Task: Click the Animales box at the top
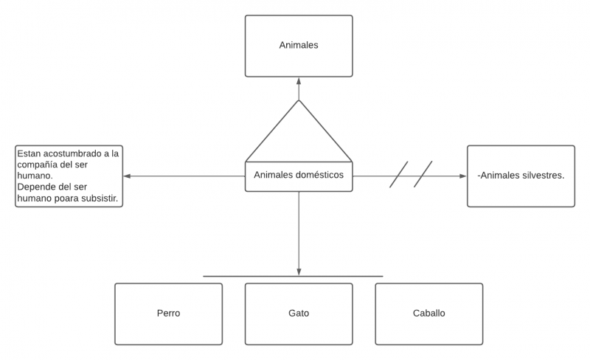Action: pyautogui.click(x=299, y=46)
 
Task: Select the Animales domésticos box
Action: pyautogui.click(x=299, y=176)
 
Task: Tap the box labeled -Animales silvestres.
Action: pyautogui.click(x=521, y=176)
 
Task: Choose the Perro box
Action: pyautogui.click(x=168, y=314)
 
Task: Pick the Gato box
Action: pyautogui.click(x=299, y=314)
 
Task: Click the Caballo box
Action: pyautogui.click(x=428, y=314)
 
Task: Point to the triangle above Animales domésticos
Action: pyautogui.click(x=299, y=136)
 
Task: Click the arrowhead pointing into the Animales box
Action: pyautogui.click(x=299, y=81)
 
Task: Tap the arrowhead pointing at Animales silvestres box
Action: pyautogui.click(x=463, y=176)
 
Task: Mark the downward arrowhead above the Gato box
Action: pyautogui.click(x=299, y=271)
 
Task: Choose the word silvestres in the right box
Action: pyautogui.click(x=544, y=176)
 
